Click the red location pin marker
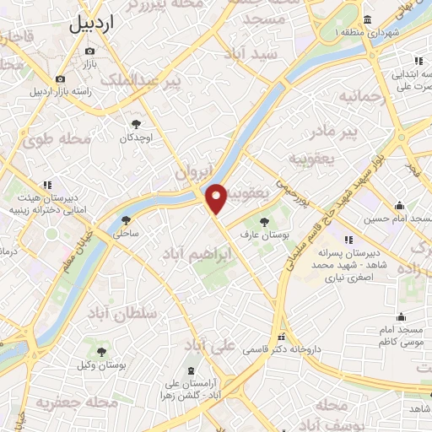tap(217, 199)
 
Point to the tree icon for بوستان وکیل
tap(102, 353)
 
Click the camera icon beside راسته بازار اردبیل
tap(60, 78)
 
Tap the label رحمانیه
tap(361, 97)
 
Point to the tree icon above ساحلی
tap(126, 219)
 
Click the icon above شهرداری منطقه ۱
tap(368, 20)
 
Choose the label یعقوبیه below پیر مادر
tap(312, 158)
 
